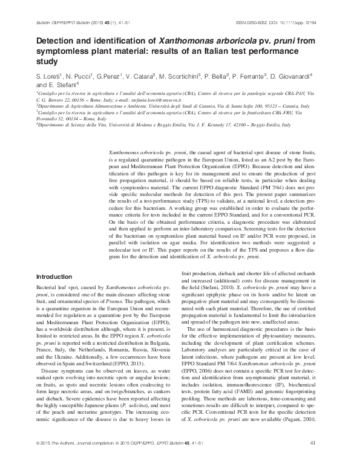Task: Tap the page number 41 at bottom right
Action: click(x=313, y=460)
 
